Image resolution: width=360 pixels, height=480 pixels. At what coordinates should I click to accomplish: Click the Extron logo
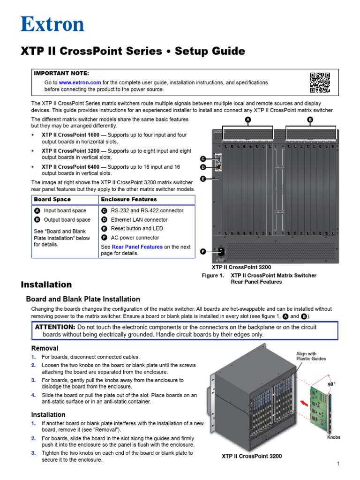(52, 24)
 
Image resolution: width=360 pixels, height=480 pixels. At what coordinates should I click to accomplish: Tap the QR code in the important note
(320, 82)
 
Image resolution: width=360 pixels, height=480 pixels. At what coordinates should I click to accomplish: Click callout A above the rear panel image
(248, 120)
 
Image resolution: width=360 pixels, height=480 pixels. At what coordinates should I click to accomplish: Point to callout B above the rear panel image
(310, 120)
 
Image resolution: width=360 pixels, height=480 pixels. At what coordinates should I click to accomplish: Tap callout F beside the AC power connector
(203, 252)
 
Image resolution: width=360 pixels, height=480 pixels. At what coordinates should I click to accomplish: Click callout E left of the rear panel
(203, 179)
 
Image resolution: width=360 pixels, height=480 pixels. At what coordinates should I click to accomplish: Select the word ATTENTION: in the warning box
(55, 327)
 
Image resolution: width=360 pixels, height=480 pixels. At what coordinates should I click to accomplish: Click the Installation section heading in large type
(46, 285)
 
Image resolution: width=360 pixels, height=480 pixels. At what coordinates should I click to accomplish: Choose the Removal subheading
(45, 348)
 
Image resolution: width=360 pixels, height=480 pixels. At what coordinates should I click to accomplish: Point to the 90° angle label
(332, 383)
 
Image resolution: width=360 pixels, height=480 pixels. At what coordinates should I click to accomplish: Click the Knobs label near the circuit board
(334, 437)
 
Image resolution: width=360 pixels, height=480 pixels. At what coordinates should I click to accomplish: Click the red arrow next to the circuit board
(304, 402)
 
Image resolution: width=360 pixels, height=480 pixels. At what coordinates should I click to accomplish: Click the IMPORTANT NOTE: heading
(61, 74)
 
